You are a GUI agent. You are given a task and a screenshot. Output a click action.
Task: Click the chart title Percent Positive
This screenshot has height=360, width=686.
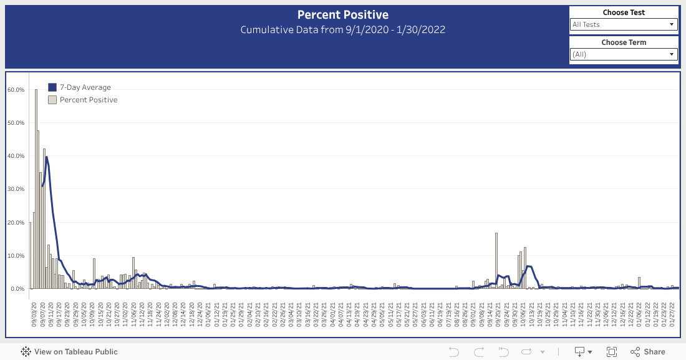point(342,15)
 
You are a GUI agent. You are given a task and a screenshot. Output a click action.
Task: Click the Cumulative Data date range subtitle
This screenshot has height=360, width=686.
point(342,30)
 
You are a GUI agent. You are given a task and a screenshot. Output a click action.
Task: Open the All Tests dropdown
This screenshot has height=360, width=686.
point(624,24)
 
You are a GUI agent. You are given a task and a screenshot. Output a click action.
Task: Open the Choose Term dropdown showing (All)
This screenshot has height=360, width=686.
point(624,54)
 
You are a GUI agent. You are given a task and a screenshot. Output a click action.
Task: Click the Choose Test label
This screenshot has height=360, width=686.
point(624,12)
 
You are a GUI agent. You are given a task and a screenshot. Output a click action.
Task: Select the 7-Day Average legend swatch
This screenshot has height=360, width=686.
point(52,87)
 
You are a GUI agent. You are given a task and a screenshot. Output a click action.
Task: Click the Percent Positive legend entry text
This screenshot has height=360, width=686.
point(88,100)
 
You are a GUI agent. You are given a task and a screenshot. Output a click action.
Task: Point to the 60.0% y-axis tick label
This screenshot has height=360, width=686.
point(16,90)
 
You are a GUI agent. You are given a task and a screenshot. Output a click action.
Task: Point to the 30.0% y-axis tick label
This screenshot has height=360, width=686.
point(16,189)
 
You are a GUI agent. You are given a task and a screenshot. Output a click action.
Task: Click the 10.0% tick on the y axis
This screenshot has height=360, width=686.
point(16,256)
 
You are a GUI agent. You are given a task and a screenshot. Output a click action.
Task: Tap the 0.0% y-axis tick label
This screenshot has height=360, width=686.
point(17,289)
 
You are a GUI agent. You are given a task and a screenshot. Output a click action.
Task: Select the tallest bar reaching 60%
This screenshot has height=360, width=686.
point(36,187)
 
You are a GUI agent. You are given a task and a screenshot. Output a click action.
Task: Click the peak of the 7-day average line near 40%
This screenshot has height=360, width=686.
point(46,157)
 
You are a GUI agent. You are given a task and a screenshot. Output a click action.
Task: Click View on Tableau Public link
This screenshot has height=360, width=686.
point(69,352)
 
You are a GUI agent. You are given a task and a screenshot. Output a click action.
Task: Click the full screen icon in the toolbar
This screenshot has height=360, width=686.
point(612,352)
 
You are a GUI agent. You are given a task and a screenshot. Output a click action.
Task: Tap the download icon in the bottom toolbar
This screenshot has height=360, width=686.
point(579,352)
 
